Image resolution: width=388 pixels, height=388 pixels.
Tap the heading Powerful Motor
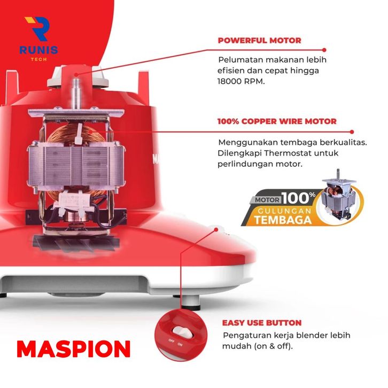click(260, 40)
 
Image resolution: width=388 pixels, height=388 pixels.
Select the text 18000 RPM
click(241, 81)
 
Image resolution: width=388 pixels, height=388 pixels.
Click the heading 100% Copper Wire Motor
click(277, 121)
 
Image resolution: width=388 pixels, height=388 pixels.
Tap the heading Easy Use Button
click(262, 323)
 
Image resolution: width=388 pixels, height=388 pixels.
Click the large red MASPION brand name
click(74, 348)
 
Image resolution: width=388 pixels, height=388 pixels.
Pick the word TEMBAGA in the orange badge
click(283, 220)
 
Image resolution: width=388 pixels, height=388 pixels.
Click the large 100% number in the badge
click(298, 198)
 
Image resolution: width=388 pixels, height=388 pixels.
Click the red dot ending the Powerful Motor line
click(324, 50)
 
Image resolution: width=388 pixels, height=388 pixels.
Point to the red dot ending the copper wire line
click(352, 132)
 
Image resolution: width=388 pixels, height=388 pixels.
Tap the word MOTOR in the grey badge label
click(267, 200)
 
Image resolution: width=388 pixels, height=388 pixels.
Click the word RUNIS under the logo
click(38, 50)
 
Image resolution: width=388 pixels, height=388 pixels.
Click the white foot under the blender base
click(191, 301)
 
